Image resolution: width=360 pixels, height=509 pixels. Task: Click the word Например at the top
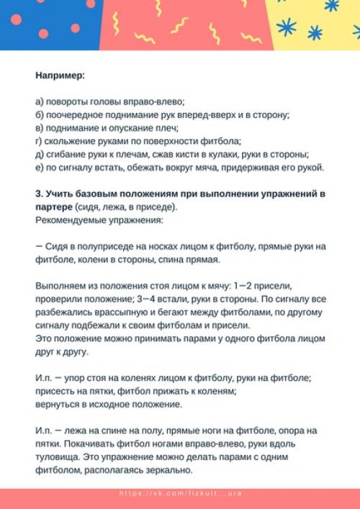(60, 74)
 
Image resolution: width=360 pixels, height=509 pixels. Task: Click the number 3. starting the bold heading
(39, 194)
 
